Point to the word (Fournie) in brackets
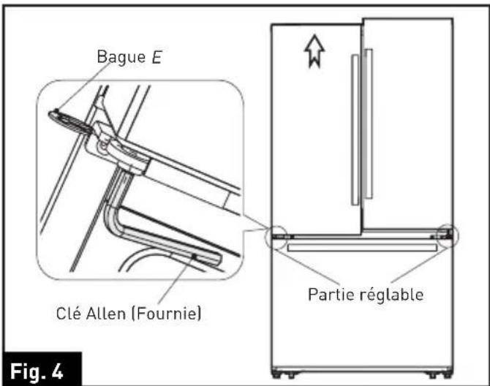point(170,315)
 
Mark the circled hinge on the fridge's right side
point(445,236)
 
